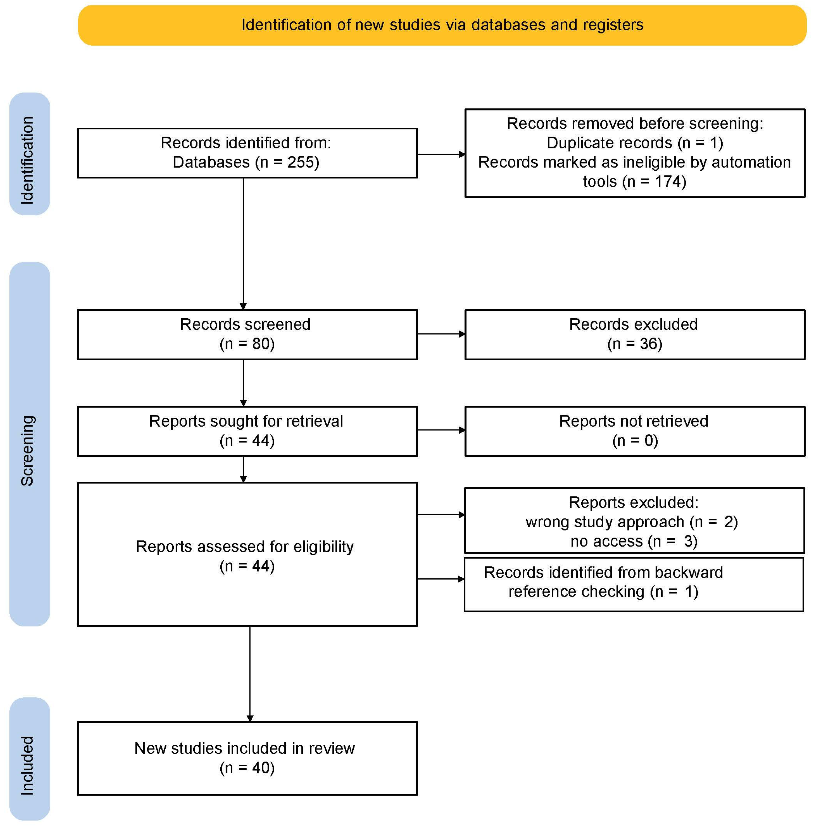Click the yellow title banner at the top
(x=442, y=25)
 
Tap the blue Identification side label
(x=29, y=154)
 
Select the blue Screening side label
(x=29, y=444)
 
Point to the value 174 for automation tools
(x=668, y=182)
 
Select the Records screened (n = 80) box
(x=247, y=334)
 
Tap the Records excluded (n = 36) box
(x=635, y=334)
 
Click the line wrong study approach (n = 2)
(x=631, y=522)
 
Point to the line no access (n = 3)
(x=633, y=541)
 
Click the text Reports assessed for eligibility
(x=244, y=547)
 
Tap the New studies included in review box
(x=247, y=758)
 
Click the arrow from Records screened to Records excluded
(x=441, y=334)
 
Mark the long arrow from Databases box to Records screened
(x=243, y=243)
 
